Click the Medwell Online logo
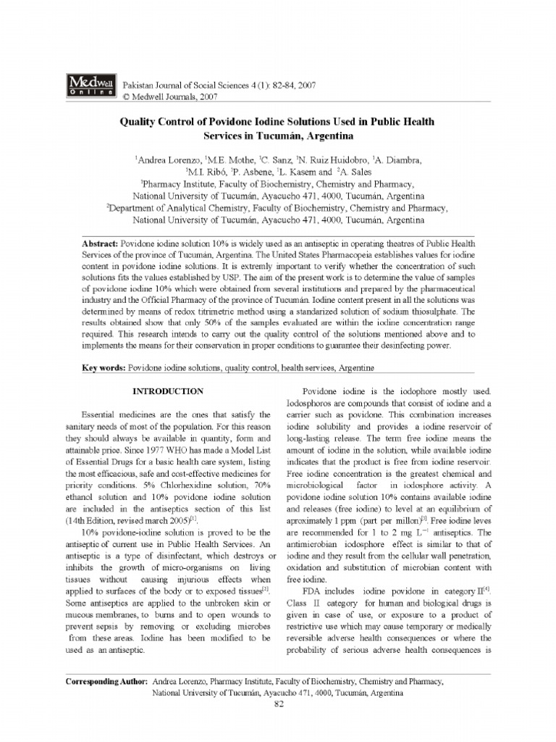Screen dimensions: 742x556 coord(91,84)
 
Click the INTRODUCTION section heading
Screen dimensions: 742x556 coord(172,391)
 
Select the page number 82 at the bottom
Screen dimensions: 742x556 coord(278,707)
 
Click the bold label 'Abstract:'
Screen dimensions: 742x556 coord(101,243)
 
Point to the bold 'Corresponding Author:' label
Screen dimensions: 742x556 coord(107,683)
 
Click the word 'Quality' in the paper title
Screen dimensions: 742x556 coord(138,122)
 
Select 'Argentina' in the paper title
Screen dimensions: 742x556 coord(308,136)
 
